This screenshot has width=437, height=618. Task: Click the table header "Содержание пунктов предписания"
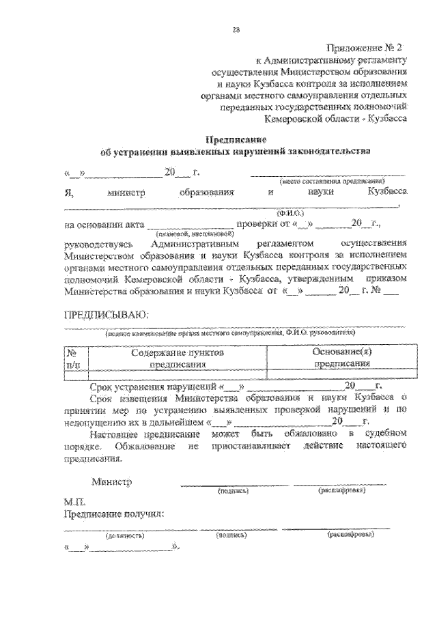tap(176, 359)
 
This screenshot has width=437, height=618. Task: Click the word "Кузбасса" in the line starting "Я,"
tap(386, 193)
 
